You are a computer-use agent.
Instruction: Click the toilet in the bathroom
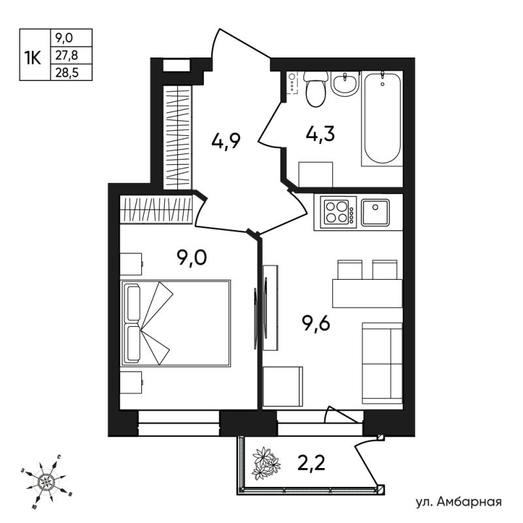[x=315, y=89]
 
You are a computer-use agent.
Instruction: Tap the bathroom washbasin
[x=345, y=84]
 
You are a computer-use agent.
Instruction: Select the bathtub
[x=382, y=118]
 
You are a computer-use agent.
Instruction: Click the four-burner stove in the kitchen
[x=338, y=212]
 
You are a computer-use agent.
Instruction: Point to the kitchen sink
[x=375, y=212]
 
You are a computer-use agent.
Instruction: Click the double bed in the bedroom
[x=176, y=323]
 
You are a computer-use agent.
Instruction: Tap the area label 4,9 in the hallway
[x=226, y=143]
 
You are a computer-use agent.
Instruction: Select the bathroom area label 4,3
[x=320, y=134]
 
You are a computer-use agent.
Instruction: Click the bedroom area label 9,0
[x=192, y=258]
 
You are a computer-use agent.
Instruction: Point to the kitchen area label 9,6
[x=316, y=324]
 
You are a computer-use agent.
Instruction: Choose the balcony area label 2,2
[x=311, y=463]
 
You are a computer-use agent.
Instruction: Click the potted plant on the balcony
[x=266, y=463]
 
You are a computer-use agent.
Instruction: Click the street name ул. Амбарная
[x=459, y=501]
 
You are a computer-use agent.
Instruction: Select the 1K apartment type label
[x=33, y=59]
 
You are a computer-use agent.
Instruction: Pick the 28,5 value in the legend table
[x=67, y=73]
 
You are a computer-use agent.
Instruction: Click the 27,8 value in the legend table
[x=67, y=56]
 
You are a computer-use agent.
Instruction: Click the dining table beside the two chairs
[x=367, y=294]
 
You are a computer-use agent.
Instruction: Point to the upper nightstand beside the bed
[x=131, y=264]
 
